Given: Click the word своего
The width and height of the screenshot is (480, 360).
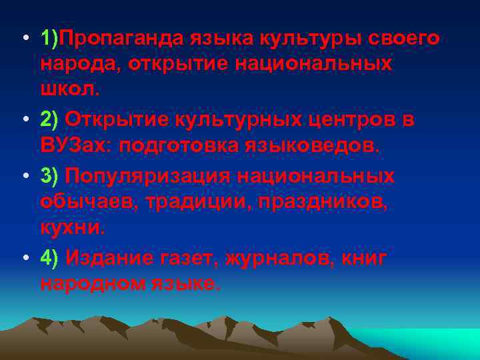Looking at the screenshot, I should point(407,39).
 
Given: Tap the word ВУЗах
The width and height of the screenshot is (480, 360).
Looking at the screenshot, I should point(75,146).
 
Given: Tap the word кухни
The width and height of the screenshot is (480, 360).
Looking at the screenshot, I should point(71,227).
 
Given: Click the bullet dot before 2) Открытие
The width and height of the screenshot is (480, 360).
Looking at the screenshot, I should point(23,121).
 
